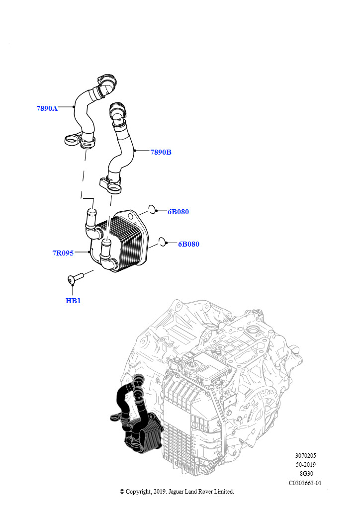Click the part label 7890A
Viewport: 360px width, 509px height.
click(x=47, y=108)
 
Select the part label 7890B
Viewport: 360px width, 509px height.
click(x=161, y=152)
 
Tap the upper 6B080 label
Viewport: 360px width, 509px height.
click(x=178, y=212)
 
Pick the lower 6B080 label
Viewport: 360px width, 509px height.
click(x=188, y=244)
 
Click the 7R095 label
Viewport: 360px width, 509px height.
click(x=63, y=253)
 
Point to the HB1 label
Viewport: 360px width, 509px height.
click(x=73, y=301)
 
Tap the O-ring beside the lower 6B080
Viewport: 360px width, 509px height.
click(x=162, y=242)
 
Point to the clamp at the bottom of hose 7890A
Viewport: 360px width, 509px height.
click(x=80, y=141)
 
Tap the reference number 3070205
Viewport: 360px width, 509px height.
click(x=305, y=455)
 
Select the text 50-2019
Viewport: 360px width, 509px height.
click(x=305, y=465)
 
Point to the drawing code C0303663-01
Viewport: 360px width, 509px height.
click(x=305, y=483)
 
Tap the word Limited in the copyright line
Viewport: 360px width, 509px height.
click(x=223, y=492)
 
